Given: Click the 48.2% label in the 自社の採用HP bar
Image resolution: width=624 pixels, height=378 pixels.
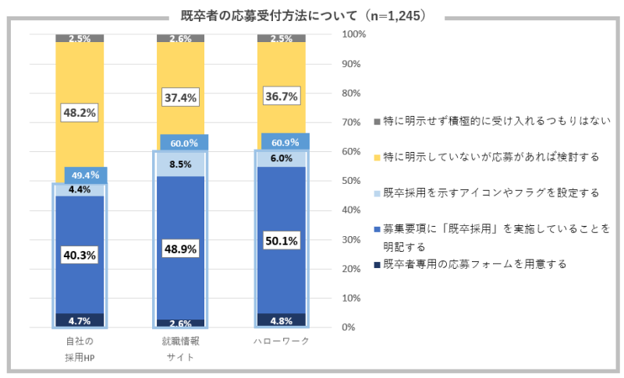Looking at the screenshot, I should (x=79, y=113).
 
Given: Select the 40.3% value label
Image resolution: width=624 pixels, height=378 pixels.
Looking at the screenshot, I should (x=79, y=255).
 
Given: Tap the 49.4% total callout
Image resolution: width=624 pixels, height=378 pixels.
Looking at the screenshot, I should (x=86, y=175).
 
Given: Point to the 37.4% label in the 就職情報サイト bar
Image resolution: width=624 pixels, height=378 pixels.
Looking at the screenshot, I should (x=179, y=97).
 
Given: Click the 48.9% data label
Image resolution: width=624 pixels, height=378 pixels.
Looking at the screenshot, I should (x=179, y=249).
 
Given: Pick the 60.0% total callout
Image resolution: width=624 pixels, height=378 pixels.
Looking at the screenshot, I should (x=186, y=143).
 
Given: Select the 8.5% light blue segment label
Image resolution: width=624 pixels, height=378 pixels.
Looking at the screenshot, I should (x=179, y=164).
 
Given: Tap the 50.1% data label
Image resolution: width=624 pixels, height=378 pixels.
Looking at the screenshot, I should (x=281, y=242).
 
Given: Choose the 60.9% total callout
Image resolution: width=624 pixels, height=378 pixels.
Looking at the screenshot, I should (x=286, y=142).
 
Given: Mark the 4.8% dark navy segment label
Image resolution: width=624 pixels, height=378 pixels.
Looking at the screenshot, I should (x=281, y=320).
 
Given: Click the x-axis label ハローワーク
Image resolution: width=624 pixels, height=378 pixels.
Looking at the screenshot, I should (x=282, y=341).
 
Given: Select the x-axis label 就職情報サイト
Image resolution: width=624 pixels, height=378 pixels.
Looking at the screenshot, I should (x=180, y=349).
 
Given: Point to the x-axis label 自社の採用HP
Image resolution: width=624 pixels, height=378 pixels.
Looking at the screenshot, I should (x=80, y=349).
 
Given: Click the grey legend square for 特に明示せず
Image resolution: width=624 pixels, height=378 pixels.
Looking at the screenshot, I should (x=377, y=122).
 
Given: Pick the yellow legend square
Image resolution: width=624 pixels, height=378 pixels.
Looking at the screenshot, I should (x=377, y=157).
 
